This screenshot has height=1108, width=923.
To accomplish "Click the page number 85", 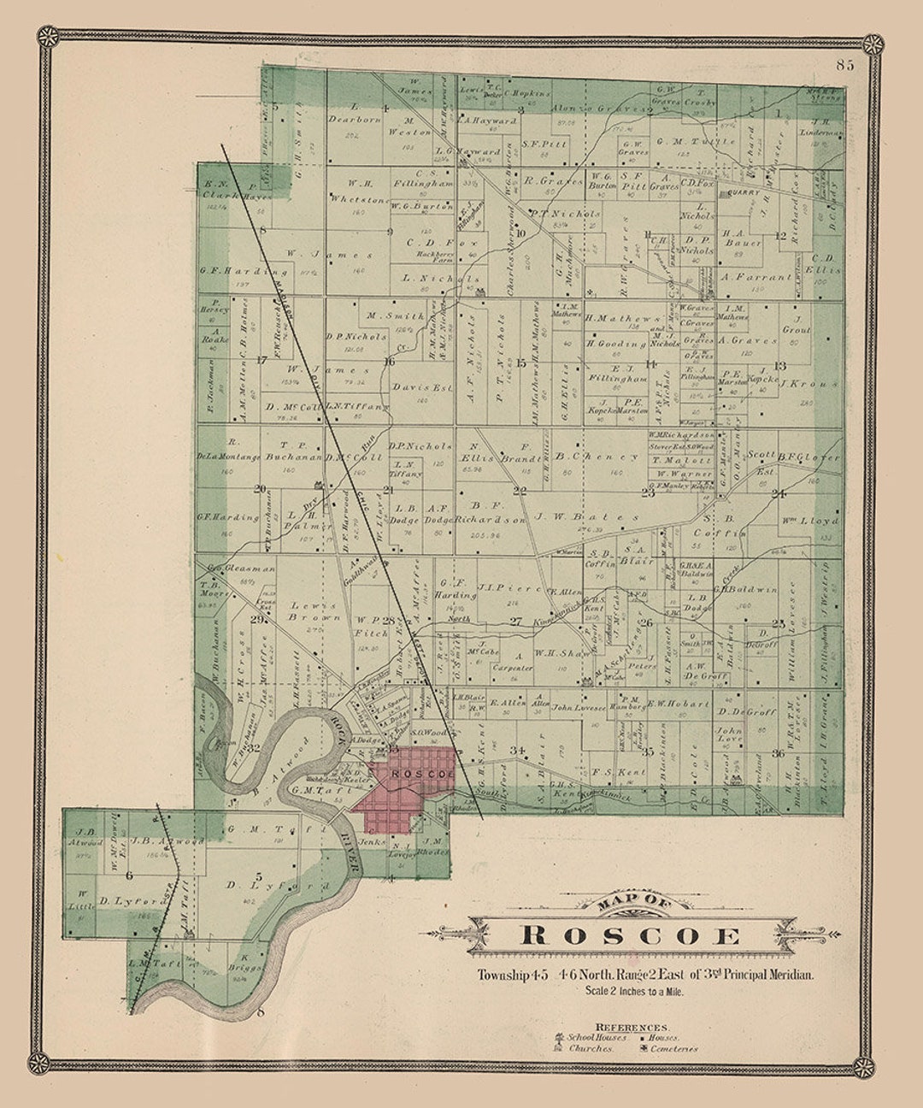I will [x=846, y=64].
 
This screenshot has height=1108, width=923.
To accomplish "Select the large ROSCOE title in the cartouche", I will [x=632, y=934].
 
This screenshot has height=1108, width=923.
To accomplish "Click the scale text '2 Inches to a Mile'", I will [x=645, y=992].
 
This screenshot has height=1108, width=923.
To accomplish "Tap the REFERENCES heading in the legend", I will [x=632, y=1027].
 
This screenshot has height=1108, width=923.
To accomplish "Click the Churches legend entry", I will [x=590, y=1049].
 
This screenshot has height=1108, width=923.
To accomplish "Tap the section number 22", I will [x=520, y=490].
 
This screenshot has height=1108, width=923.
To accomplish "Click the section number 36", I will [x=777, y=753].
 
